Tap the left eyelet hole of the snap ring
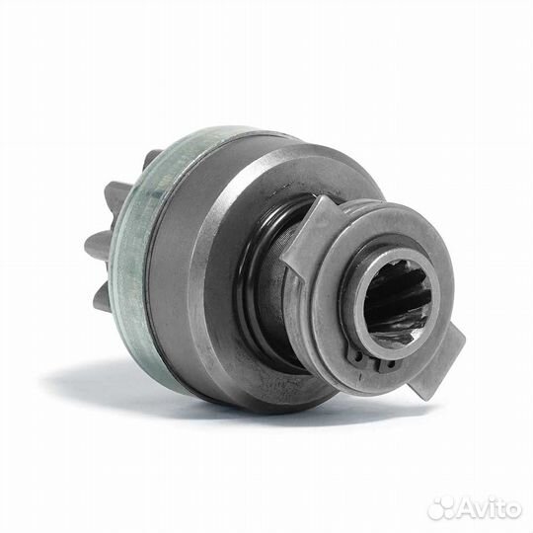[359, 357]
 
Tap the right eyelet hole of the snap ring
[390, 366]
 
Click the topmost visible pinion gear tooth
[152, 160]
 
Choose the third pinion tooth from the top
[100, 245]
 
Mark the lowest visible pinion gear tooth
[104, 296]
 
